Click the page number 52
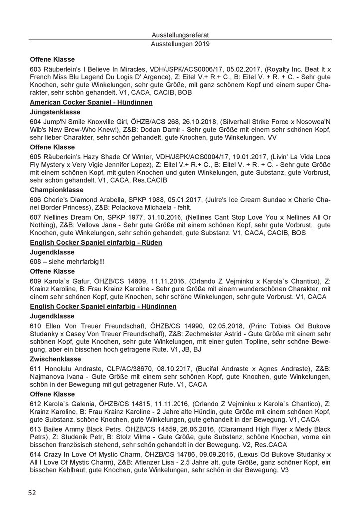point(32,493)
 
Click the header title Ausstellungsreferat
point(180,35)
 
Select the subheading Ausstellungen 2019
point(180,44)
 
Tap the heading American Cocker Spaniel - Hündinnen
point(91,102)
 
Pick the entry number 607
point(36,217)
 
